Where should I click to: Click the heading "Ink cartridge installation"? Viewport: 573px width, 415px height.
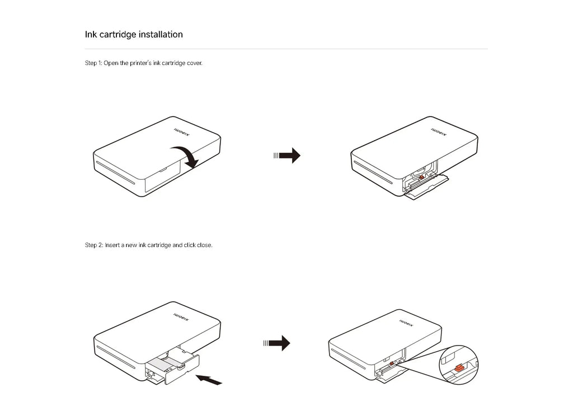click(x=134, y=35)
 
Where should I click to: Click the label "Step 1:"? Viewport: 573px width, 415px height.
click(x=93, y=63)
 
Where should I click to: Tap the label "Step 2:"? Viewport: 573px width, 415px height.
click(x=93, y=245)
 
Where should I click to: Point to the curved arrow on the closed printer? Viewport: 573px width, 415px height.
click(x=186, y=155)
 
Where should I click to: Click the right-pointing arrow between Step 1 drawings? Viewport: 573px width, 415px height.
click(x=288, y=156)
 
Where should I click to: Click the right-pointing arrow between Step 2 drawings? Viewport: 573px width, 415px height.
click(x=278, y=343)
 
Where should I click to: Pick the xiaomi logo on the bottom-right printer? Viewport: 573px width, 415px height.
click(x=408, y=325)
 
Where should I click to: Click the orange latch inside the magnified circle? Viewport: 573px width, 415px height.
click(x=458, y=368)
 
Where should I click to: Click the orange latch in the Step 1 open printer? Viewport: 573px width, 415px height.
click(x=420, y=178)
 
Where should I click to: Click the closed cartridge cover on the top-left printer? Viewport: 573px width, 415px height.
click(x=162, y=178)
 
